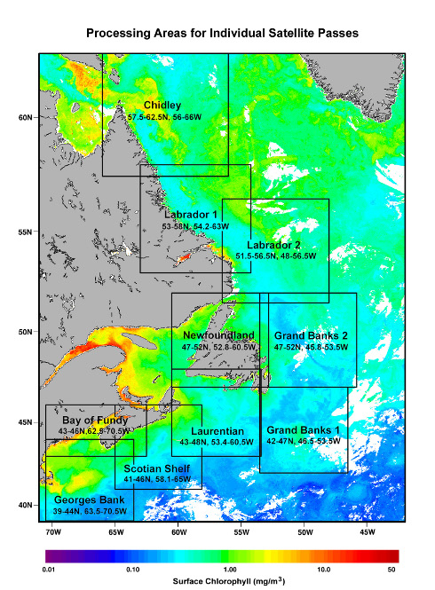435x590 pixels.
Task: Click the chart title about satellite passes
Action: [222, 33]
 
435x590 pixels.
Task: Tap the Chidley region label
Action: [162, 106]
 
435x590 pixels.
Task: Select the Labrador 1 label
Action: [190, 215]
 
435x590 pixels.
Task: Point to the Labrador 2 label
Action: [273, 245]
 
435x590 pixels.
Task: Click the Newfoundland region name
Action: [218, 335]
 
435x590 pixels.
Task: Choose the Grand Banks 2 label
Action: [310, 336]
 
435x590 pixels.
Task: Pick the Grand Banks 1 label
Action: [304, 429]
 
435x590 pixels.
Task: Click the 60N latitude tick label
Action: [25, 117]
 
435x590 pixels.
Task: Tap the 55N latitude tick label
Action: [25, 232]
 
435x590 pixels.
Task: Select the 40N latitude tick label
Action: [25, 506]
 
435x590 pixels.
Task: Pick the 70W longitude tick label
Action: [52, 532]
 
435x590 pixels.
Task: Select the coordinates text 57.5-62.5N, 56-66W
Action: [163, 117]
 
